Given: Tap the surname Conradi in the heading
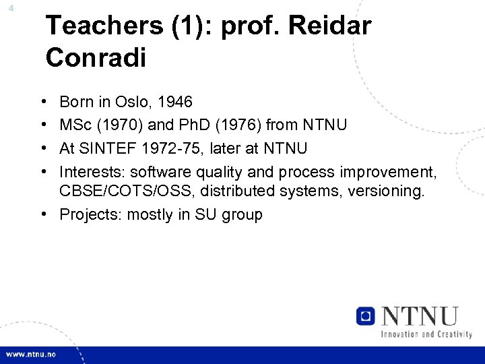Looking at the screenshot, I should click(x=96, y=58).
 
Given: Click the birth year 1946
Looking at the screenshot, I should click(x=174, y=102).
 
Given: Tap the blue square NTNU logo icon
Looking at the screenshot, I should click(x=366, y=315).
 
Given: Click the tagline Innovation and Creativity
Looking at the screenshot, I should click(x=426, y=334).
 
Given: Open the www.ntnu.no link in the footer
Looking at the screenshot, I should click(x=32, y=355).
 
